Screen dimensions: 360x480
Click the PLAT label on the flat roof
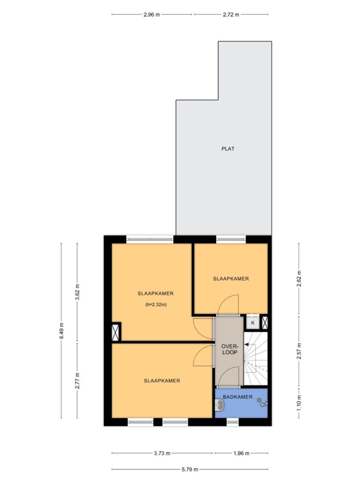(x=228, y=149)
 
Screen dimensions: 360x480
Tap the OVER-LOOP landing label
(x=230, y=349)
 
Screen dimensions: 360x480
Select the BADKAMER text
(x=238, y=397)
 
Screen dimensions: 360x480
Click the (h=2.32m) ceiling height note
(x=156, y=305)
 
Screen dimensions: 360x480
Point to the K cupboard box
(x=253, y=322)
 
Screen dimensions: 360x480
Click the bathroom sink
(x=220, y=405)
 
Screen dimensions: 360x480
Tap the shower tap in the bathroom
(x=264, y=404)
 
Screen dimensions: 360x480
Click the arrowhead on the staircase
(x=246, y=345)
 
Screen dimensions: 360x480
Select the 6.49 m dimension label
(x=61, y=330)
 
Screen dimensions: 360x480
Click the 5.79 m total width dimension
(x=190, y=469)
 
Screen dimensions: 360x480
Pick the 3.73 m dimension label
(x=162, y=453)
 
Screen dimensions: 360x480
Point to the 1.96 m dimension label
(x=241, y=453)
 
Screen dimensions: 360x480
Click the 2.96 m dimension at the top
(x=152, y=15)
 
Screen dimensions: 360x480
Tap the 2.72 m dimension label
(x=231, y=15)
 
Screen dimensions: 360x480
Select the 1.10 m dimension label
(x=299, y=403)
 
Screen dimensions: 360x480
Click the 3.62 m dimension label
(x=77, y=292)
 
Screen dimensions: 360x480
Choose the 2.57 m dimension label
(x=299, y=351)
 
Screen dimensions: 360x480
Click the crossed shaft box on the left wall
(x=115, y=332)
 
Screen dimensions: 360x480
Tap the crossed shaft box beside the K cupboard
(x=264, y=322)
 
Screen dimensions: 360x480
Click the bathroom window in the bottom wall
(x=232, y=422)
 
